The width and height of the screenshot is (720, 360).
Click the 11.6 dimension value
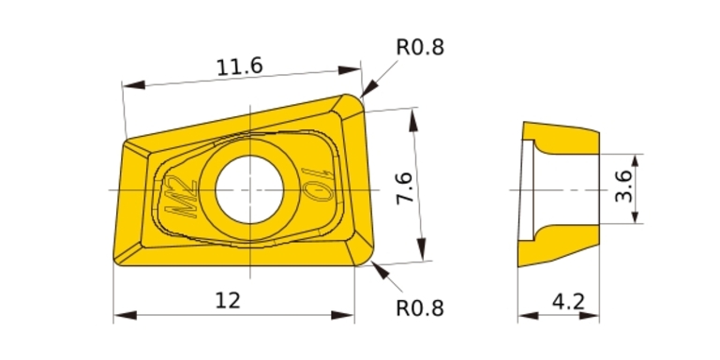(239, 67)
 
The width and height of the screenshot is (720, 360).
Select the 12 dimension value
(228, 301)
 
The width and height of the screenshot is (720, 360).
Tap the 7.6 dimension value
(405, 187)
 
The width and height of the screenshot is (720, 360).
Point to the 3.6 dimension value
(623, 187)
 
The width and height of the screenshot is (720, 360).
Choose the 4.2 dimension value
(568, 302)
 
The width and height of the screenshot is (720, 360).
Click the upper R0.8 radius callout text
(420, 47)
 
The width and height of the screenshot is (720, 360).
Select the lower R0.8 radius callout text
(420, 308)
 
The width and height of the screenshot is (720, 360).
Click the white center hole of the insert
(249, 189)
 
